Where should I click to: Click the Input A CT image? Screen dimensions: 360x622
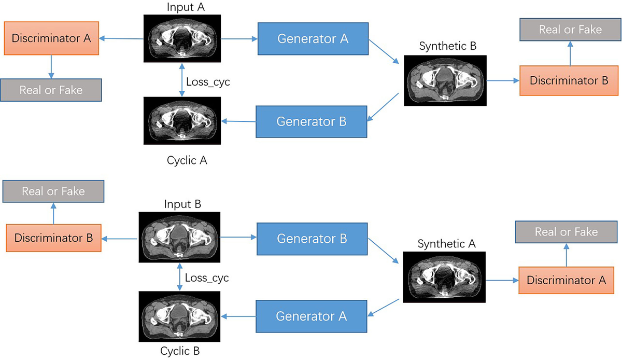[180, 38]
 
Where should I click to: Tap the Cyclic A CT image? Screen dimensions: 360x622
[180, 121]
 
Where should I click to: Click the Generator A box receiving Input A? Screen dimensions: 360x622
[313, 38]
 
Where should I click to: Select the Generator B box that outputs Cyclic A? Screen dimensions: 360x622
[311, 122]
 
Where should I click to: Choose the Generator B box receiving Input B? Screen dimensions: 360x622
[312, 239]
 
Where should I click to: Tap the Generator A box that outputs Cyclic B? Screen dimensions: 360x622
[311, 316]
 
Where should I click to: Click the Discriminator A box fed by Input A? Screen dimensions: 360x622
[48, 38]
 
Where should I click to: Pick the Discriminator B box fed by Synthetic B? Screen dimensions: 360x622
[569, 81]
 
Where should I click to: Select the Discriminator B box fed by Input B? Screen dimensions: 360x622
[53, 238]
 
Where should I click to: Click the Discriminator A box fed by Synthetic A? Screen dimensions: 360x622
[566, 280]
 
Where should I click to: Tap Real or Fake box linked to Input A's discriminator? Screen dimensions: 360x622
[51, 90]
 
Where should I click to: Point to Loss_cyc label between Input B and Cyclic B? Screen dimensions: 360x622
[207, 278]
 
